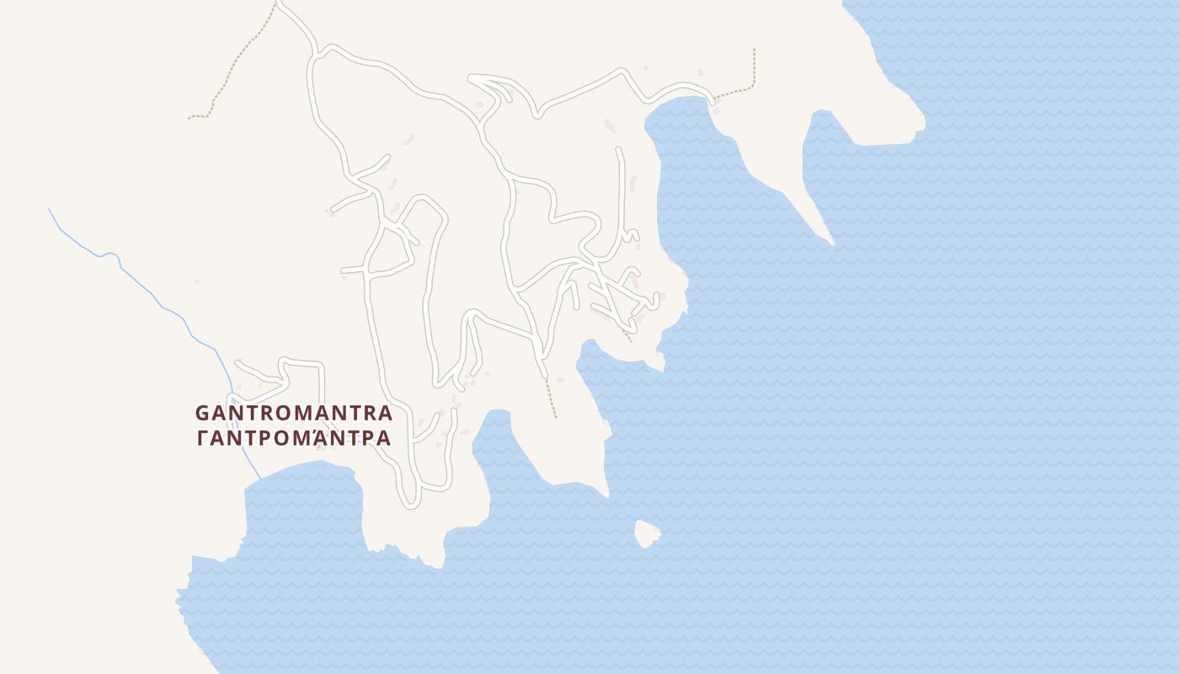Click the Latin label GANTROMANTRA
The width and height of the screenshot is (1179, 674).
[x=294, y=414]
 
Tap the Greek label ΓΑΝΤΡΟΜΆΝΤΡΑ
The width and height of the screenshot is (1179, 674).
[x=294, y=439]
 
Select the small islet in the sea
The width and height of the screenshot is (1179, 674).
[x=647, y=533]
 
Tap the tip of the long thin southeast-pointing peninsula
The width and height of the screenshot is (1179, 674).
[x=832, y=243]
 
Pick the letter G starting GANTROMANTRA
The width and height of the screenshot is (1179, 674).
[x=203, y=414]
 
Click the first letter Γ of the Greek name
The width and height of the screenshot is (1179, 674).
[x=202, y=439]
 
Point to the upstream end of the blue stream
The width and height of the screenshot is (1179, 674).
[x=50, y=210]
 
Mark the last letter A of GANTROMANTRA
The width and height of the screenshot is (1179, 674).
[x=385, y=414]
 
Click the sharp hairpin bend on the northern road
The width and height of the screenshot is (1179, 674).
[x=472, y=78]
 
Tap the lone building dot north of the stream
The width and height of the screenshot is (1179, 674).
[x=196, y=281]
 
